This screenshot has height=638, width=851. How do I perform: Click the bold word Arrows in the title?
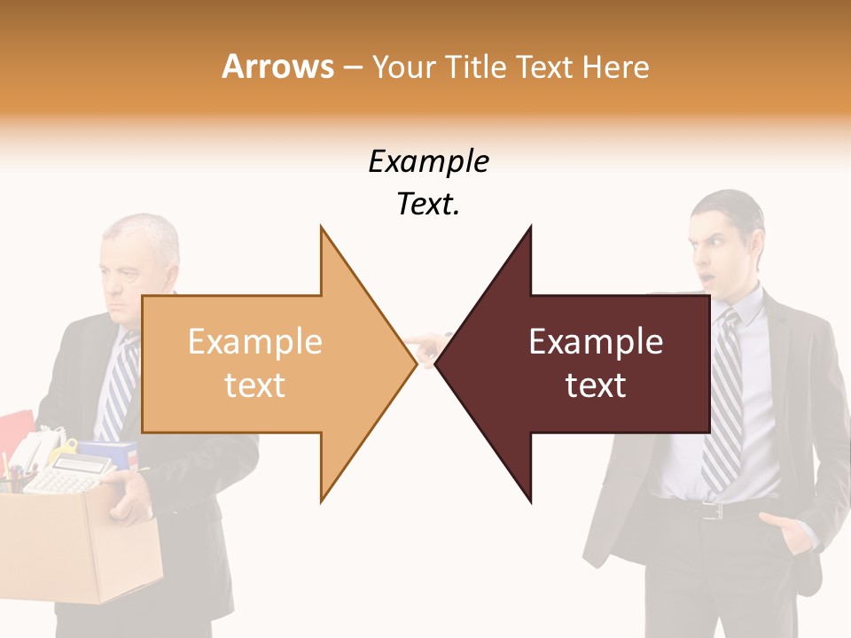[x=278, y=66]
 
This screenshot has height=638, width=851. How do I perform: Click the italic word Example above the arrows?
[x=428, y=162]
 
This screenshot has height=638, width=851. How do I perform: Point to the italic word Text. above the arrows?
[x=428, y=205]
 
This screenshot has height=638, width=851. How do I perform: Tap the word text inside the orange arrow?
[x=254, y=385]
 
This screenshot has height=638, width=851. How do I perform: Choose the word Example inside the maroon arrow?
[x=596, y=342]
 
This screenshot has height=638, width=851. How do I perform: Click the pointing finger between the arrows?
[x=425, y=341]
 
